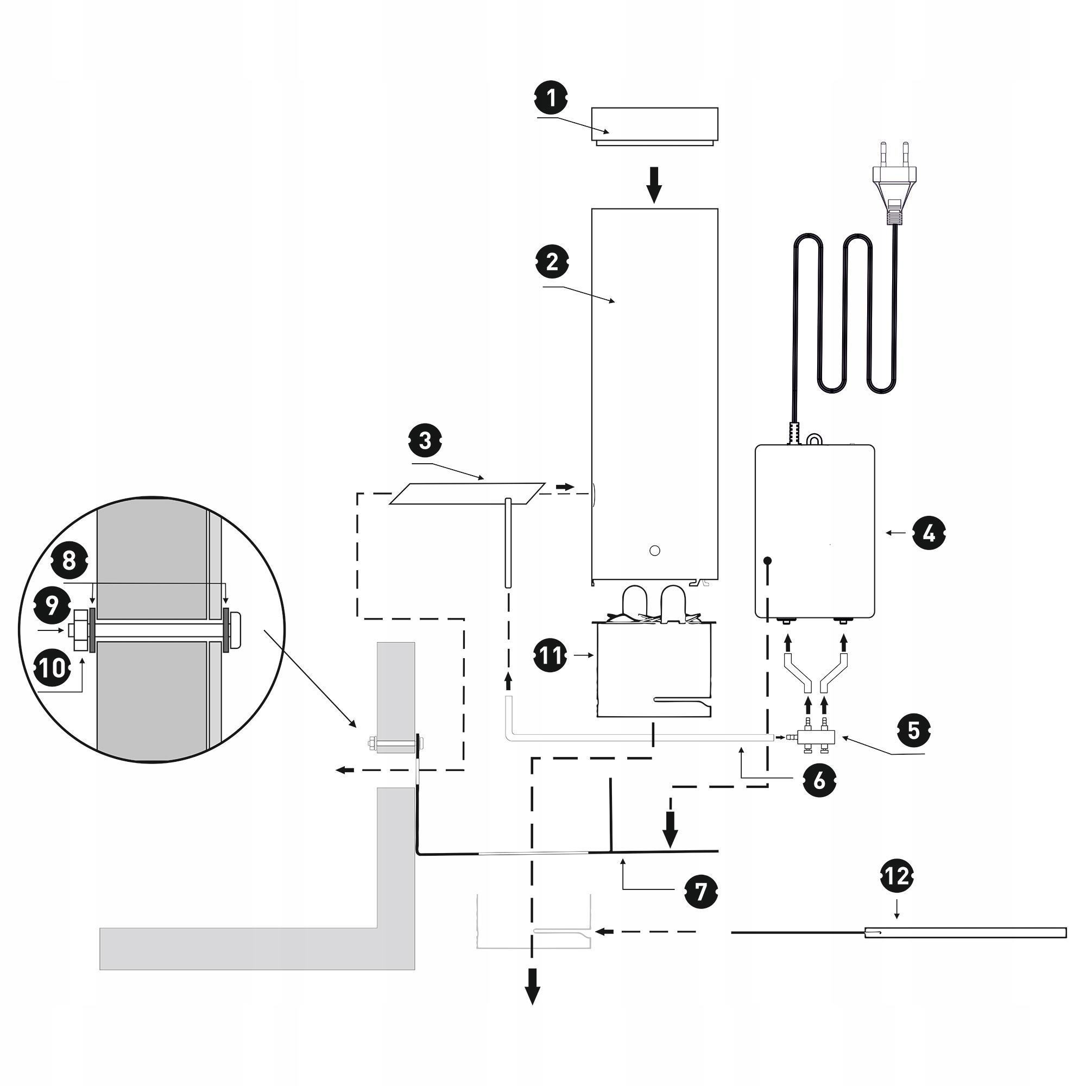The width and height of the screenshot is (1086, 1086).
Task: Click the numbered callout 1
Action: coord(551,98)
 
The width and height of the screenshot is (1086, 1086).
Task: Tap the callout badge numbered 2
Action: coord(552,261)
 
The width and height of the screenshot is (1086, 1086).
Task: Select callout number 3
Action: coord(425,441)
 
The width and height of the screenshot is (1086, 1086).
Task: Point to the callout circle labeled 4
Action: coord(929,532)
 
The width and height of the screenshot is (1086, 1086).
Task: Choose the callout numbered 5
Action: coord(913,730)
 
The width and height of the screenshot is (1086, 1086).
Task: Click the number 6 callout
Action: coord(819,780)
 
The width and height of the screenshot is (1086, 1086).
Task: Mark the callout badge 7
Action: coord(701,891)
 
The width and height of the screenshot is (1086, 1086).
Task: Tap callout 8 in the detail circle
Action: coord(68,560)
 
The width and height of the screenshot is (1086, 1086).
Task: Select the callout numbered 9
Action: coord(52,605)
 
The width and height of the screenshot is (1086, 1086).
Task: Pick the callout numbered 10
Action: coord(53,668)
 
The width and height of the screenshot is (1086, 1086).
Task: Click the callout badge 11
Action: coord(551,655)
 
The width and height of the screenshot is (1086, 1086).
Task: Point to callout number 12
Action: coord(896,876)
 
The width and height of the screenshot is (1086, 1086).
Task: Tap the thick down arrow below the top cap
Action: coord(653,185)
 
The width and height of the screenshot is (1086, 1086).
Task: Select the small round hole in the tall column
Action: coord(654,551)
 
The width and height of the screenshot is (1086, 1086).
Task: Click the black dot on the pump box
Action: coord(767,560)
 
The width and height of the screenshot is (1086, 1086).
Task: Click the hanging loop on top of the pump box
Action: coord(814,438)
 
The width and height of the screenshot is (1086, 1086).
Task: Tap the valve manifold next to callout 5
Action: coord(814,736)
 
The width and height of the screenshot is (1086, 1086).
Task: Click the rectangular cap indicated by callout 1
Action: coord(654,125)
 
